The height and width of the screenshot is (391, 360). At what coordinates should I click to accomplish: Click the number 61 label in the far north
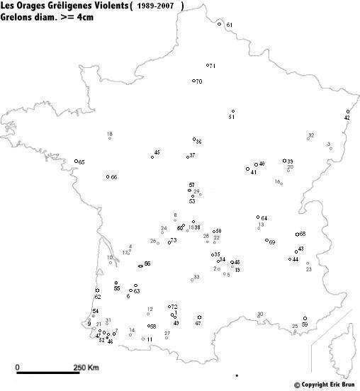[229, 25]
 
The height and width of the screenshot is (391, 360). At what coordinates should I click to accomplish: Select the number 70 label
[199, 81]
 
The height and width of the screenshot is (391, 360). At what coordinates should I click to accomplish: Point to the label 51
[232, 117]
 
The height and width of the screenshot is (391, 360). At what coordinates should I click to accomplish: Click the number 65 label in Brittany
[81, 163]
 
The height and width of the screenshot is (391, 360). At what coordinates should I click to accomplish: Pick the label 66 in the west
[113, 177]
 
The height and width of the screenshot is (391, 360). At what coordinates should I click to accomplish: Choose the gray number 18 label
[109, 134]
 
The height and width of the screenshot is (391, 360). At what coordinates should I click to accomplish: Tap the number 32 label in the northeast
[310, 135]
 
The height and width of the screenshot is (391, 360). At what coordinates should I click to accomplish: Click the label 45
[157, 152]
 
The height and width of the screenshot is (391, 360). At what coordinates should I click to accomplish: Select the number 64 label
[264, 218]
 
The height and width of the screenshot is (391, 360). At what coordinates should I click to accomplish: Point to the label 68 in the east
[303, 234]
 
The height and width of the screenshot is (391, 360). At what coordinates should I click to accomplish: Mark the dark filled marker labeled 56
[141, 265]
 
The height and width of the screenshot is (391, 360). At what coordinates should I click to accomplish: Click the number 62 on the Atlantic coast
[98, 297]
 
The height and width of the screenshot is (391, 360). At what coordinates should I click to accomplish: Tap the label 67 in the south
[198, 323]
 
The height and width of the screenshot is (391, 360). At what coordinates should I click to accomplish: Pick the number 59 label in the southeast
[305, 324]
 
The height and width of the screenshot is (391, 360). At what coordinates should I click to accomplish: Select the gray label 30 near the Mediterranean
[260, 314]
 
